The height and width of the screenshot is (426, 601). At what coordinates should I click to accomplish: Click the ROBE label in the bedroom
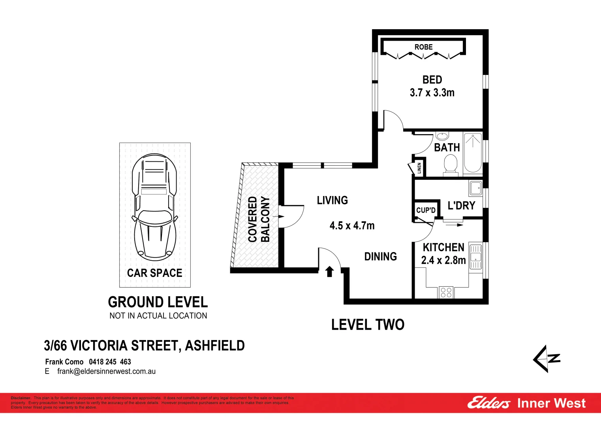423,47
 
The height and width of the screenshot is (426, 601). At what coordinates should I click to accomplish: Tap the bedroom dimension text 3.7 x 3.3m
432,93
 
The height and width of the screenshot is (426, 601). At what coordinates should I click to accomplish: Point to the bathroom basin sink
442,136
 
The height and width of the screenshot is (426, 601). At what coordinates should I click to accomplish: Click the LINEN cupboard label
419,168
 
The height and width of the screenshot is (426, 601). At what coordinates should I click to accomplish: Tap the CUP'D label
426,210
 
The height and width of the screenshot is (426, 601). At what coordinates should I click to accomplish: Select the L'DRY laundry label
461,206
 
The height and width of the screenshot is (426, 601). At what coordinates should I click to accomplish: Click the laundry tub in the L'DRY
475,188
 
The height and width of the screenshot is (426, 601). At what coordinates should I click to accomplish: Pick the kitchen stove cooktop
446,292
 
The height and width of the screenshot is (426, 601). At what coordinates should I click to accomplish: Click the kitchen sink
475,257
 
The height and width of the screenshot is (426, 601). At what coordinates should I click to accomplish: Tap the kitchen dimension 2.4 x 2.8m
443,260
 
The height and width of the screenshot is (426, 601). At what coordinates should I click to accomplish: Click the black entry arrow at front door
330,271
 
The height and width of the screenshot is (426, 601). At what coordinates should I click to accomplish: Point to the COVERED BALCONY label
259,219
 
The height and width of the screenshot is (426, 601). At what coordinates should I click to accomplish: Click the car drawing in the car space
155,207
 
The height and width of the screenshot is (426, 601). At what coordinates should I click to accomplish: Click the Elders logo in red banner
488,403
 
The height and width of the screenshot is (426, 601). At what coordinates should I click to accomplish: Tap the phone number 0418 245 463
110,362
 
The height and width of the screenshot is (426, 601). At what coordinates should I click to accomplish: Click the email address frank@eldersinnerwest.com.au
106,371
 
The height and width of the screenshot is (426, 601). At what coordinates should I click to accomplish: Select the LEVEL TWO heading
368,325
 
